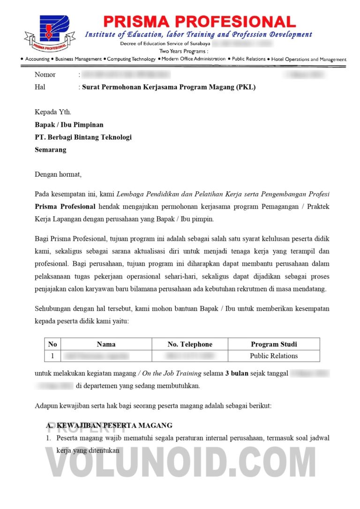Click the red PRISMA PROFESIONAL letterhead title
[x=199, y=22]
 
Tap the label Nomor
[x=45, y=75]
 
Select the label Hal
[x=40, y=87]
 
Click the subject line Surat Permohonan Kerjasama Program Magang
[x=169, y=87]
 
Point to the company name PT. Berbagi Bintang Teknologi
[x=83, y=137]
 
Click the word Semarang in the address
[x=51, y=150]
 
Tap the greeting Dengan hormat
[x=58, y=174]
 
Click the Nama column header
[x=106, y=344]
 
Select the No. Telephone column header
[x=190, y=344]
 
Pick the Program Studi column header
[x=274, y=344]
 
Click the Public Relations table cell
[x=274, y=356]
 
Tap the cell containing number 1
[x=52, y=356]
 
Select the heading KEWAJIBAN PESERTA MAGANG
[x=114, y=426]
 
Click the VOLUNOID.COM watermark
[x=180, y=464]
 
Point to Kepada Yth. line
[x=53, y=112]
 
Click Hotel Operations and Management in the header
[x=309, y=60]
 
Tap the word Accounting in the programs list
[x=37, y=60]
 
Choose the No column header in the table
[x=52, y=344]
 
